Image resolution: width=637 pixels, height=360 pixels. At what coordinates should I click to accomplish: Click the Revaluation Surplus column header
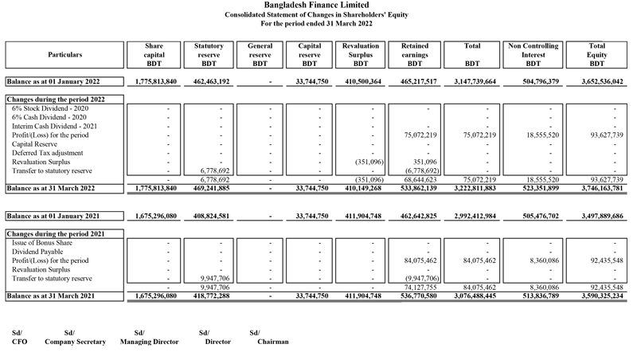click(360, 54)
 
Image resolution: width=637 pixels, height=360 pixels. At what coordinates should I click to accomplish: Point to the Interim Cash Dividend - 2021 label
click(53, 125)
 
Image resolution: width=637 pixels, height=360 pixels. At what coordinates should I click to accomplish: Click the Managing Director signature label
click(149, 342)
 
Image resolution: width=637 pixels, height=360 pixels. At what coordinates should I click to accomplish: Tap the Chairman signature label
click(272, 342)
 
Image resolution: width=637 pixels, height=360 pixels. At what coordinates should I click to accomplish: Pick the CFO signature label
click(19, 342)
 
